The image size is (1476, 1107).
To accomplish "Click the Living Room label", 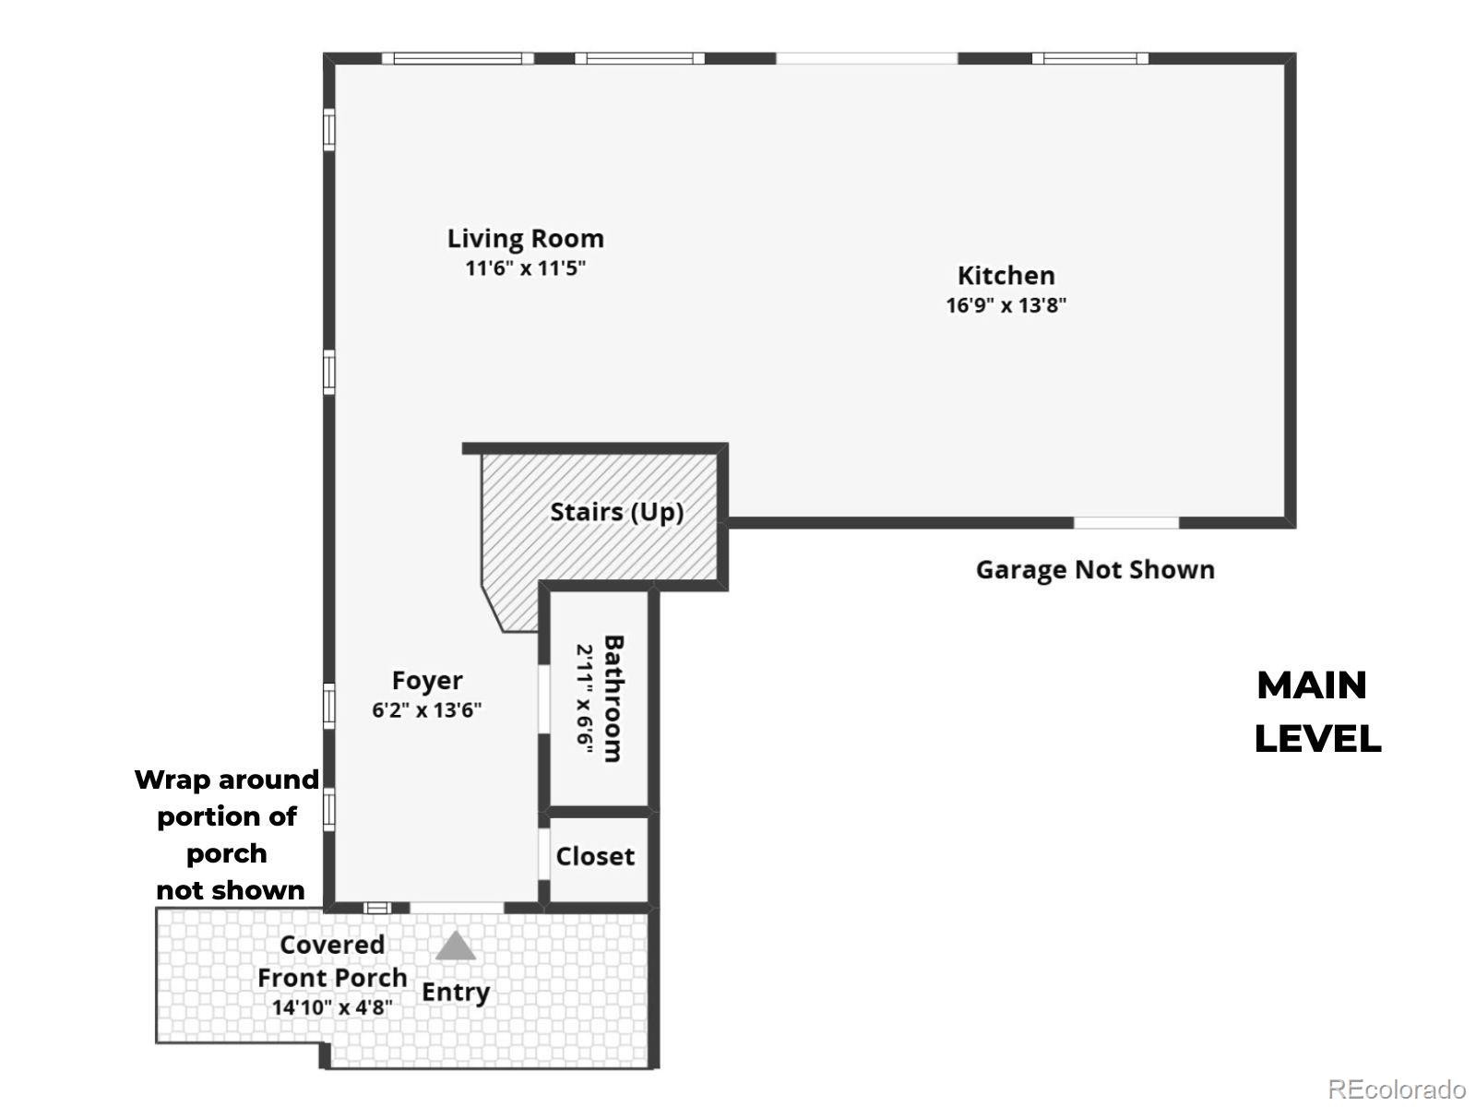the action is pyautogui.click(x=525, y=239).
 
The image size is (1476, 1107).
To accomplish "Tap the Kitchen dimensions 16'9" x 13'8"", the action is pyautogui.click(x=1006, y=305).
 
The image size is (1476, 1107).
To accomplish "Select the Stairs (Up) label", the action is pyautogui.click(x=616, y=512).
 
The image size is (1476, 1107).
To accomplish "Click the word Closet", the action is pyautogui.click(x=595, y=856).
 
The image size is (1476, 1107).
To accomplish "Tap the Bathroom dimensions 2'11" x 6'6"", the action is pyautogui.click(x=584, y=699).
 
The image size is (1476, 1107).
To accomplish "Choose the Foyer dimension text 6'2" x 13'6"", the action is pyautogui.click(x=427, y=709).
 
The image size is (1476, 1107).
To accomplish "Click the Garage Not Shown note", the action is pyautogui.click(x=1095, y=570).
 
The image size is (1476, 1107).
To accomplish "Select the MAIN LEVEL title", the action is pyautogui.click(x=1317, y=712).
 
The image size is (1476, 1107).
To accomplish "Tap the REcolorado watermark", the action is pyautogui.click(x=1397, y=1089).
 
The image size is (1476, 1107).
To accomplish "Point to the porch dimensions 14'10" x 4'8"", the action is pyautogui.click(x=332, y=1007).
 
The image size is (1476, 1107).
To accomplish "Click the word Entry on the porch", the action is pyautogui.click(x=455, y=993).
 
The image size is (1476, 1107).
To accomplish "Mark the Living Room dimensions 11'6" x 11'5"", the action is pyautogui.click(x=525, y=268).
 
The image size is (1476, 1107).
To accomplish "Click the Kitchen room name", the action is pyautogui.click(x=1006, y=276).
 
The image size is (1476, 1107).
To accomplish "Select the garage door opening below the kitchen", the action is pyautogui.click(x=1126, y=523).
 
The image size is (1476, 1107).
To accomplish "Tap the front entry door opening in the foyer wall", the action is pyautogui.click(x=457, y=908).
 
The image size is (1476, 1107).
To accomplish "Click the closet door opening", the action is pyautogui.click(x=544, y=854).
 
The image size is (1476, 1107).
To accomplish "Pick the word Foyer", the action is pyautogui.click(x=427, y=681).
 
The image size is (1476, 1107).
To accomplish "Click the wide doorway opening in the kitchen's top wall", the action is pyautogui.click(x=867, y=58).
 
